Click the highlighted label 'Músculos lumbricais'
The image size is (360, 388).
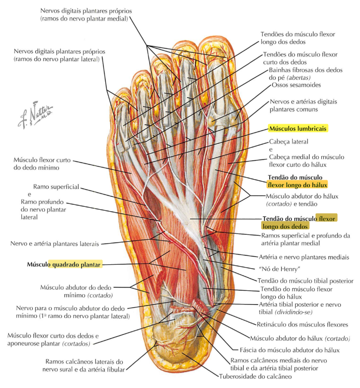pyautogui.click(x=298, y=129)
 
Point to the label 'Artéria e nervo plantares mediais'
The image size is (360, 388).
pyautogui.click(x=304, y=257)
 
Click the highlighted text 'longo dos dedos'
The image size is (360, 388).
pyautogui.click(x=285, y=226)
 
